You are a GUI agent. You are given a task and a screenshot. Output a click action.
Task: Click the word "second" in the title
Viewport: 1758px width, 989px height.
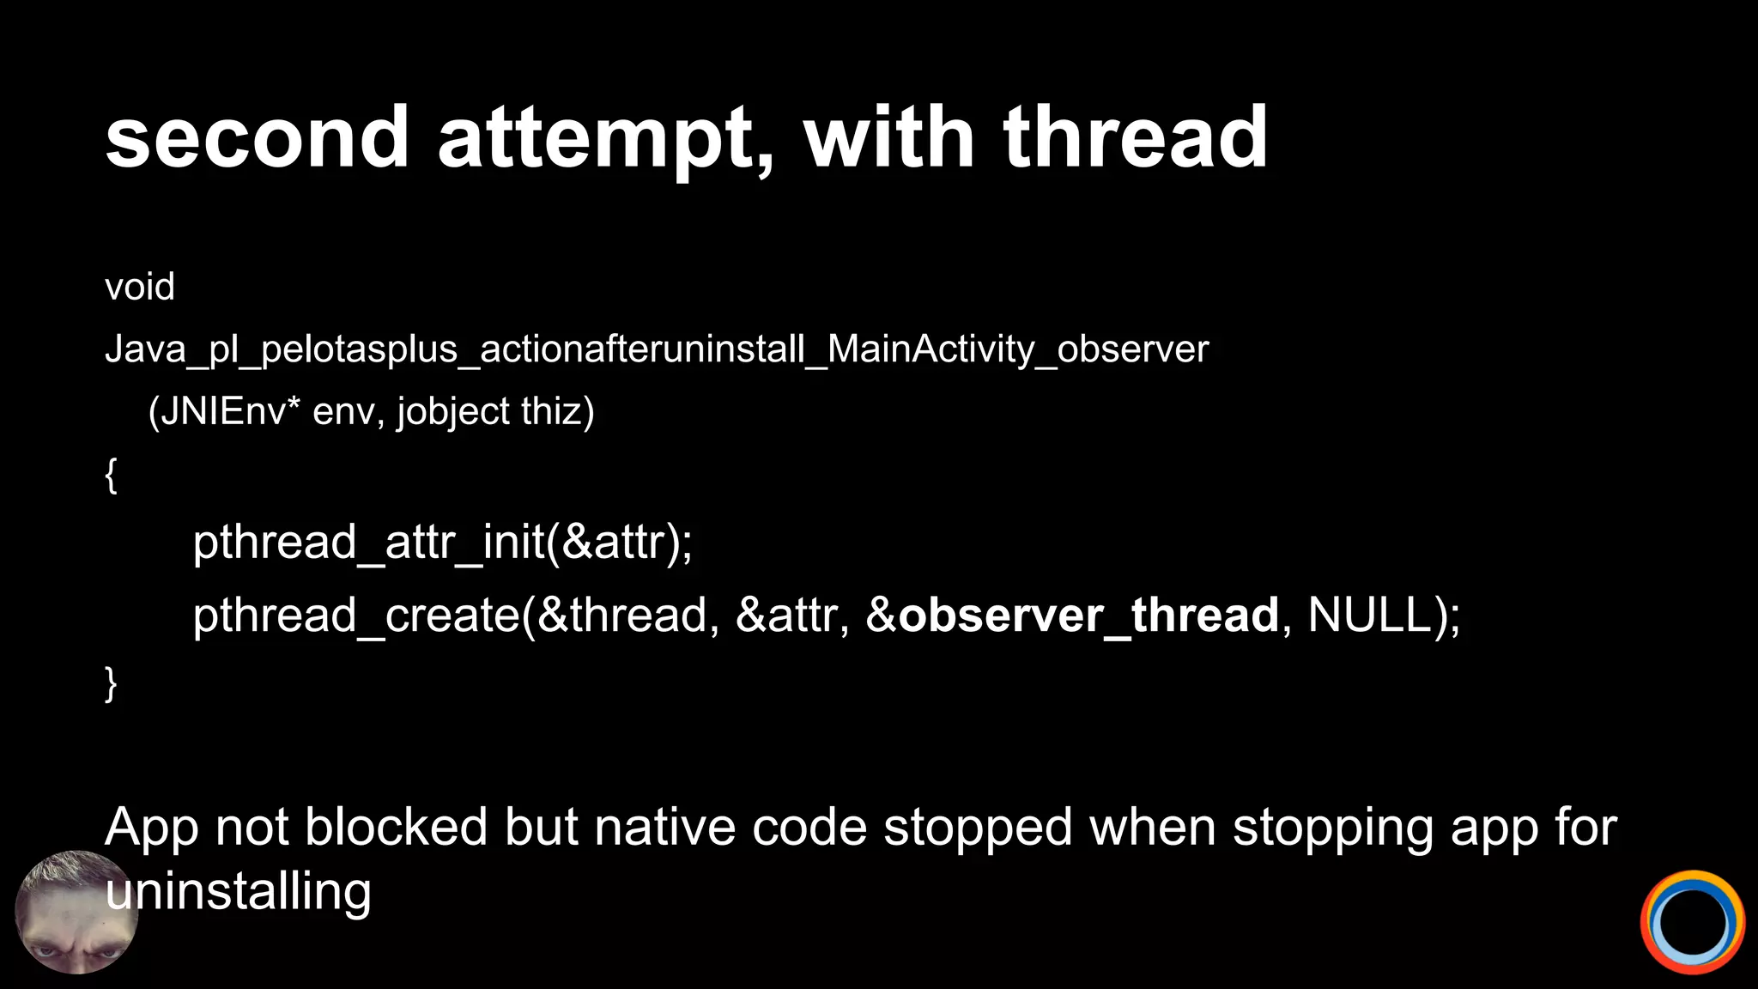(x=257, y=137)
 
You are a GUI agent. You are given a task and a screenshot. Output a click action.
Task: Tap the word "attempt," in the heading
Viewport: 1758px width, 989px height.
(x=606, y=137)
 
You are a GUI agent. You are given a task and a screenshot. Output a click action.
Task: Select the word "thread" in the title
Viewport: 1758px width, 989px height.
(x=1135, y=137)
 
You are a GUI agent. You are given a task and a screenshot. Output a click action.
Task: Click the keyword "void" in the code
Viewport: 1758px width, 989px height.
(x=139, y=287)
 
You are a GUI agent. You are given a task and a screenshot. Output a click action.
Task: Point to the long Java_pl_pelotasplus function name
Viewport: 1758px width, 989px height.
(x=656, y=349)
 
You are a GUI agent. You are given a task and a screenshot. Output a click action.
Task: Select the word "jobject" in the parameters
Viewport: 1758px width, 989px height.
(x=453, y=412)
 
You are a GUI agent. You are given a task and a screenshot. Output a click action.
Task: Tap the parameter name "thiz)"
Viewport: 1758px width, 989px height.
(x=557, y=412)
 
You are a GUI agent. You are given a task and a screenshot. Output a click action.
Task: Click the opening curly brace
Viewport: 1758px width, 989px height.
(x=111, y=475)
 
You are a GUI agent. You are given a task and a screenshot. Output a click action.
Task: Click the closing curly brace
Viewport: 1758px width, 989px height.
(x=111, y=683)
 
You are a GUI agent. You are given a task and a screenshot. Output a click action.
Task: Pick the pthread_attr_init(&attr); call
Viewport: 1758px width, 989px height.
(x=442, y=543)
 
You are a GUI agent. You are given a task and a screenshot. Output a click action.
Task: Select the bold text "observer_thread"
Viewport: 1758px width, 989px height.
(x=1088, y=616)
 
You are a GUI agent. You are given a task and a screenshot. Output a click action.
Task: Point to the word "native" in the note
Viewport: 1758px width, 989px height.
(x=664, y=828)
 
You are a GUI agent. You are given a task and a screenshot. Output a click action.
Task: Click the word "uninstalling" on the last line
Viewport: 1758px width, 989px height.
(x=239, y=892)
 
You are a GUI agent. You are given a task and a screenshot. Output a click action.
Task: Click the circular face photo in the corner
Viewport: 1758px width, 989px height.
(x=76, y=912)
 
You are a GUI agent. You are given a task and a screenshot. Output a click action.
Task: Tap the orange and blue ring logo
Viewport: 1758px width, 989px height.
(x=1692, y=923)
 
